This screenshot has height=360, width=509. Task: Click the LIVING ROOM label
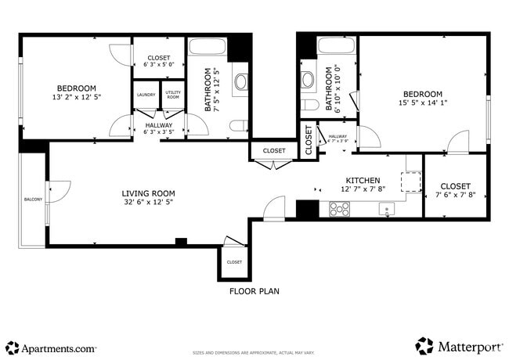[x=148, y=193]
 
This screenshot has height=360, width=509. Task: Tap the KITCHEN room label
[x=363, y=180]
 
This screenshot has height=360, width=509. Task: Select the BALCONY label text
[x=32, y=199]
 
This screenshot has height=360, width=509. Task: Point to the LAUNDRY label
[x=146, y=95]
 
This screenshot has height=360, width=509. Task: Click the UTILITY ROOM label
[x=173, y=95]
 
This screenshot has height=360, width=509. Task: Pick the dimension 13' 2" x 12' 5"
[x=76, y=97]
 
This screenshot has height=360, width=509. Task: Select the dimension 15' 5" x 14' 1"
[x=422, y=103]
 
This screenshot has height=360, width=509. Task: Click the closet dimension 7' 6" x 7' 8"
[x=455, y=196]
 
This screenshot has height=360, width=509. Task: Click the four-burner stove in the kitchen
[x=339, y=208]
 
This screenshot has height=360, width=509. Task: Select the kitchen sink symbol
[x=385, y=208]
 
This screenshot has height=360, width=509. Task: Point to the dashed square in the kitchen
[x=410, y=182]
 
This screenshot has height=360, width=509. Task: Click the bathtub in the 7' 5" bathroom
[x=208, y=46]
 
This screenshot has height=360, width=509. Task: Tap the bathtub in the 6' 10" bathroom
[x=336, y=45]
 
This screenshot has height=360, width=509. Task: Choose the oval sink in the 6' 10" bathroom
[x=308, y=79]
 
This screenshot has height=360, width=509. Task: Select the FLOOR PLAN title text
[x=254, y=291]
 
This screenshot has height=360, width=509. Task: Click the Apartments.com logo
[x=51, y=347]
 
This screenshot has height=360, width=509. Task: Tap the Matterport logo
[x=458, y=346]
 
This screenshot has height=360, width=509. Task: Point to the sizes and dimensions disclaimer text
[x=254, y=353]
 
